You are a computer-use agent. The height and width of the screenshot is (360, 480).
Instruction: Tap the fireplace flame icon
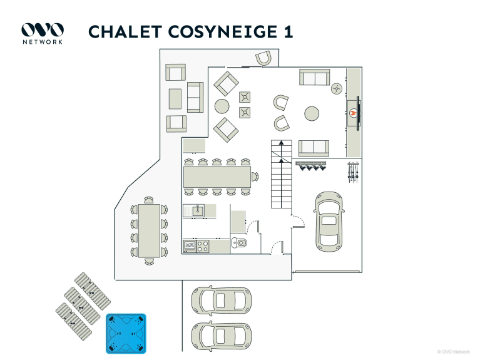[353, 113]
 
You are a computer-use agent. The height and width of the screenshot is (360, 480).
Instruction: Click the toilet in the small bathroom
[240, 243]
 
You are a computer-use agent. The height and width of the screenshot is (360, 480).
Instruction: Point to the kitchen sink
[198, 210]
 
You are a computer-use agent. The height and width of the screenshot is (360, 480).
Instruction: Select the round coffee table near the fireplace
[312, 113]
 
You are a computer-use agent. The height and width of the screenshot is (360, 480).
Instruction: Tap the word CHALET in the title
[120, 32]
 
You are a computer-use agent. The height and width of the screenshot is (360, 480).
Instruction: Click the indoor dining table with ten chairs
[217, 176]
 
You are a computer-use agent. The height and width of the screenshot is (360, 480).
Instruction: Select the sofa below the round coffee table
[314, 148]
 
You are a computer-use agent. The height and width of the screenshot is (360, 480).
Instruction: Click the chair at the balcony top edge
[263, 58]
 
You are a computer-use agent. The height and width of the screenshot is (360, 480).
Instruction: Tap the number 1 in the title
[288, 32]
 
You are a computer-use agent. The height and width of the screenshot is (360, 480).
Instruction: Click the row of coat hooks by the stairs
[311, 166]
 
